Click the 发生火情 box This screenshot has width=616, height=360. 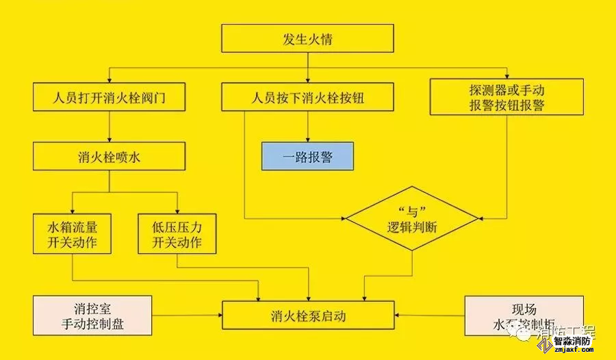(x=307, y=38)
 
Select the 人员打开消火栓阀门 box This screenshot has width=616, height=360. (x=110, y=97)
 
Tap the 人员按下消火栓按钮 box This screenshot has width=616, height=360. (x=307, y=97)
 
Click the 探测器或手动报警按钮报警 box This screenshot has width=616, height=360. (x=506, y=97)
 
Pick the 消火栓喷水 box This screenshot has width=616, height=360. (x=110, y=157)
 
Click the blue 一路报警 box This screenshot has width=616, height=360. (x=307, y=157)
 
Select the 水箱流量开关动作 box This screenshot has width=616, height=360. (x=72, y=234)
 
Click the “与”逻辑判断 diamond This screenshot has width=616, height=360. (x=412, y=219)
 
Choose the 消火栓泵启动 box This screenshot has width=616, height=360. (x=307, y=316)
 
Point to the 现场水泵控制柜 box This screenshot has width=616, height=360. (x=524, y=316)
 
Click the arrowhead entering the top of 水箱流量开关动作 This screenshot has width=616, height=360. (x=72, y=211)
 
